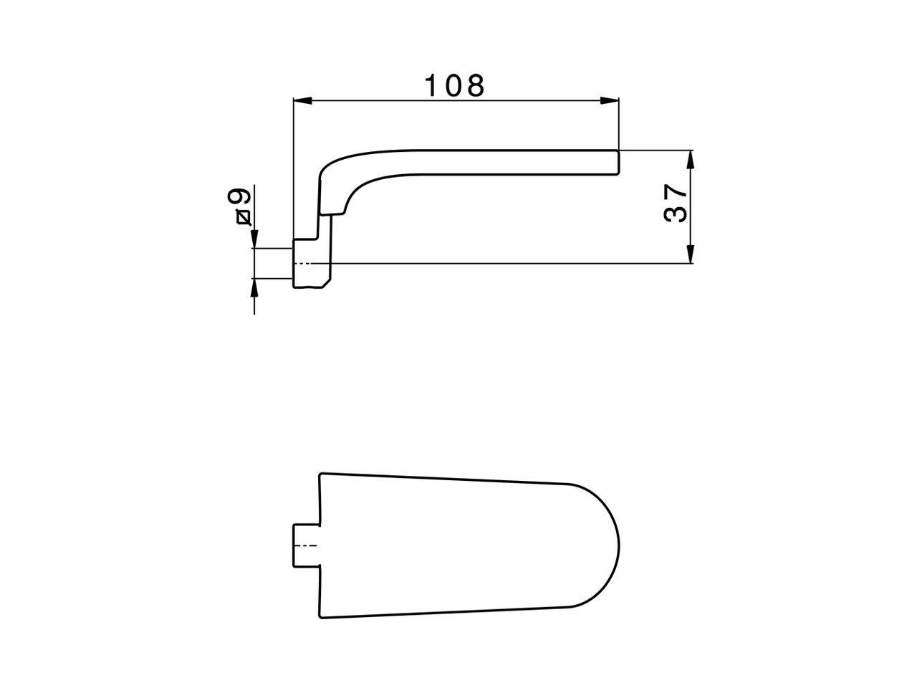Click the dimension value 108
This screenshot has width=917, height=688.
pyautogui.click(x=455, y=86)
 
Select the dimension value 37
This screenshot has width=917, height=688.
pyautogui.click(x=676, y=204)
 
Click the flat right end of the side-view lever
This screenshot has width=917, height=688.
pyautogui.click(x=618, y=163)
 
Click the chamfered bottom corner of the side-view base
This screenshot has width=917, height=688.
pyautogui.click(x=326, y=284)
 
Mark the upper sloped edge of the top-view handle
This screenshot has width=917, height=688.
pyautogui.click(x=444, y=478)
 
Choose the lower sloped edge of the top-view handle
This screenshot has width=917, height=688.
pyautogui.click(x=444, y=613)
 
